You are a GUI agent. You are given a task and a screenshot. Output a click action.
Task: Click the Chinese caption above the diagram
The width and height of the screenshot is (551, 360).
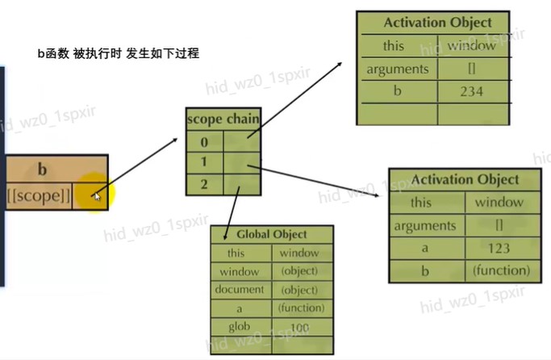pos(118,53)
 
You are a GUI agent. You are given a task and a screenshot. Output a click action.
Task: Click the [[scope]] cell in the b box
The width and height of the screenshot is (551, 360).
pos(38,195)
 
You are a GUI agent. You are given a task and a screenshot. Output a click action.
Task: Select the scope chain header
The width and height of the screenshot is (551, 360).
pos(223,119)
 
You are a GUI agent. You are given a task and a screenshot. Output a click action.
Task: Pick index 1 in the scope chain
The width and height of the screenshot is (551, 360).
pos(204,162)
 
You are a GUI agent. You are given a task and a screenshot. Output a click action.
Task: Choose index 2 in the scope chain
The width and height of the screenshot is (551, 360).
pos(204,183)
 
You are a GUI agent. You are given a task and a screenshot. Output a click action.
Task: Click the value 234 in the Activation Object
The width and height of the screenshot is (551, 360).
pos(470,91)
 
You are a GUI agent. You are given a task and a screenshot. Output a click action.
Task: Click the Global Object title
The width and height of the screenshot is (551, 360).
pos(271,234)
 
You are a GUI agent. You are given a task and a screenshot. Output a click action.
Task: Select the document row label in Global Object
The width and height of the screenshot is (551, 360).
pos(240,289)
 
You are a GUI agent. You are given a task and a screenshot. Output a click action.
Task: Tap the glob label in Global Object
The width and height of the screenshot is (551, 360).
pos(240,326)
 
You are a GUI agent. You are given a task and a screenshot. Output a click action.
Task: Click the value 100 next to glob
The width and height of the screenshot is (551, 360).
pos(299,326)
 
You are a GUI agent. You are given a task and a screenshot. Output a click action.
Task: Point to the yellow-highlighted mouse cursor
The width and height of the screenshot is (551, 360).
pos(96,195)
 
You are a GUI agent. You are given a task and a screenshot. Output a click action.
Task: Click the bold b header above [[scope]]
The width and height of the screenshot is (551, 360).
pos(41,170)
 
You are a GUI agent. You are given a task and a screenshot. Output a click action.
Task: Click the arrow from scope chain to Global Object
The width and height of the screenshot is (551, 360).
pos(230,209)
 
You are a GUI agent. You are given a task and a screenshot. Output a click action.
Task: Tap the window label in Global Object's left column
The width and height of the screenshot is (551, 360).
pos(240,271)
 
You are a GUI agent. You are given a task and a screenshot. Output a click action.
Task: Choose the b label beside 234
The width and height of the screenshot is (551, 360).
pos(397,91)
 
